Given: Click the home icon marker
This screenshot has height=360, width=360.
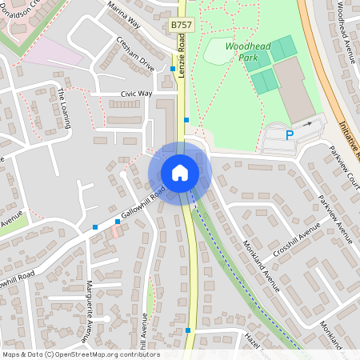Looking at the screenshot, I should pos(180,173).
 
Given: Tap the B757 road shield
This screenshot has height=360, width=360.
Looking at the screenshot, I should pos(182,26).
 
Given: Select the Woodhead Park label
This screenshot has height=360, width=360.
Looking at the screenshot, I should pos(247,52).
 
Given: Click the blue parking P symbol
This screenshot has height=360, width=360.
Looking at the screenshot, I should pos(290,136).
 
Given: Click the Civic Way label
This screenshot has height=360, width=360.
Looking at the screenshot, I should pos(136,94).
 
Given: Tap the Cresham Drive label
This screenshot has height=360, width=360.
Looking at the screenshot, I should pos(134,52).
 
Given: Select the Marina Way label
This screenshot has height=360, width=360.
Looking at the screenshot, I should pos(125,14).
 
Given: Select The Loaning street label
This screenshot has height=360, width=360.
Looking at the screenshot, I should pos(64,108).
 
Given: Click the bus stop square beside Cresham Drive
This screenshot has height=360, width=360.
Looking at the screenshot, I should pos(173,70).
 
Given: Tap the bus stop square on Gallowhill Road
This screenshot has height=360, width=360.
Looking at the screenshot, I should pos(95,227).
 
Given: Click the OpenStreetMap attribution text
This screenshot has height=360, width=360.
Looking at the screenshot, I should pos(80,354).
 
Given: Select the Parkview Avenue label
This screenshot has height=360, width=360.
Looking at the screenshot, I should pos(335,219).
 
